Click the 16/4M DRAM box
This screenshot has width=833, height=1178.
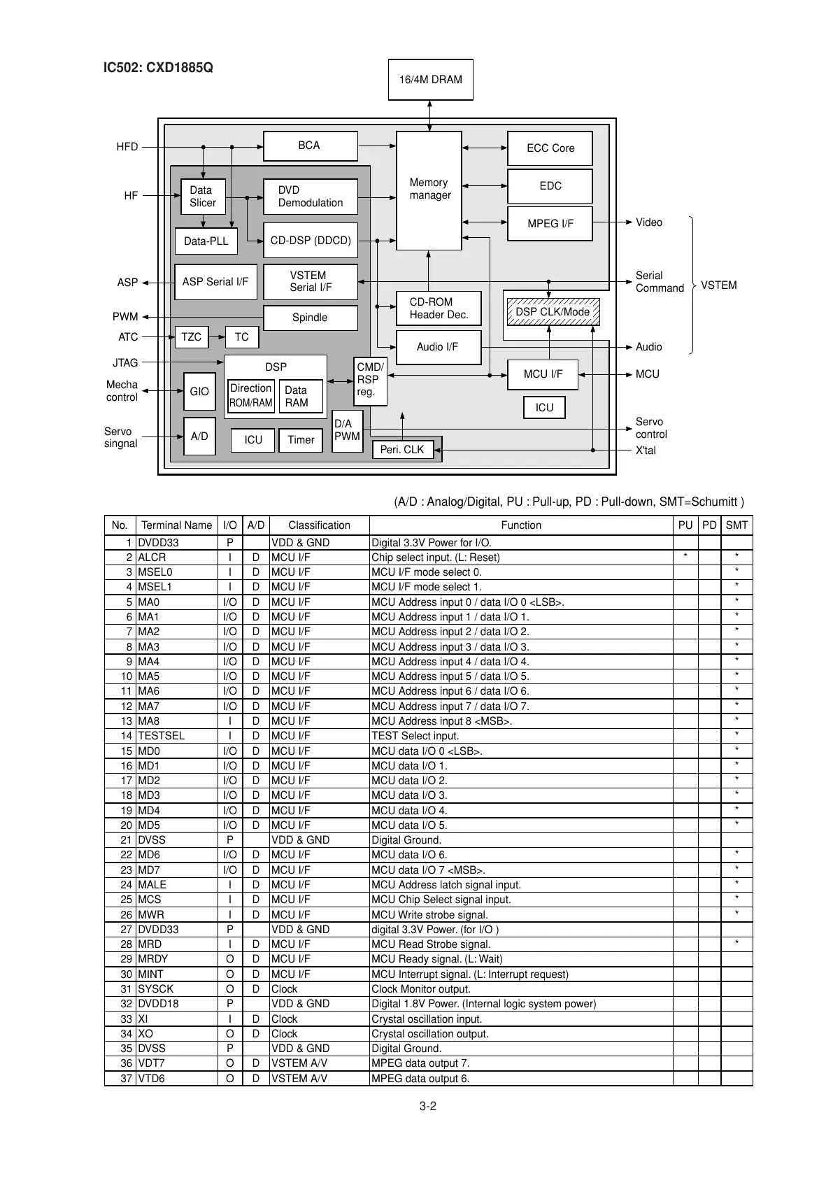[x=430, y=80]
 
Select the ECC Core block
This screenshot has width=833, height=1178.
[x=550, y=148]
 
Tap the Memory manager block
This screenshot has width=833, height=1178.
[x=429, y=190]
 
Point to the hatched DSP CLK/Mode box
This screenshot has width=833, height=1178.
[x=553, y=312]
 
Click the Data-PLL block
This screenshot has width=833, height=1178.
[x=206, y=241]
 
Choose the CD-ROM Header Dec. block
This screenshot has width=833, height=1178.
[x=439, y=308]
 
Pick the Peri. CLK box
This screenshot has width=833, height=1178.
[x=402, y=450]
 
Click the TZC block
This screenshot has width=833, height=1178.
[x=191, y=337]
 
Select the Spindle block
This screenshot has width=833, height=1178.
[x=310, y=318]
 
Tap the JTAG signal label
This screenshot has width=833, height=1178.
[x=125, y=363]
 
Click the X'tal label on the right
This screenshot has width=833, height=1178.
[x=646, y=450]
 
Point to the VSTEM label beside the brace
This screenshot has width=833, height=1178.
[x=718, y=285]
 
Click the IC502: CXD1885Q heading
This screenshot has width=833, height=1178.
[x=158, y=68]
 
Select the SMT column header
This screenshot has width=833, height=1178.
[x=736, y=525]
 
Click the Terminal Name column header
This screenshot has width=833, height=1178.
[x=176, y=525]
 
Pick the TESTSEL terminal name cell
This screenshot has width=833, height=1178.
[x=162, y=736]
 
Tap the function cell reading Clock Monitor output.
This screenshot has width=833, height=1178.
[x=420, y=989]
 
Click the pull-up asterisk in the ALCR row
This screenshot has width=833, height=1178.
[x=685, y=558]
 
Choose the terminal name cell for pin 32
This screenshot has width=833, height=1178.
[x=158, y=1004]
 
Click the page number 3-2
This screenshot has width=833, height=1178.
[x=428, y=1106]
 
